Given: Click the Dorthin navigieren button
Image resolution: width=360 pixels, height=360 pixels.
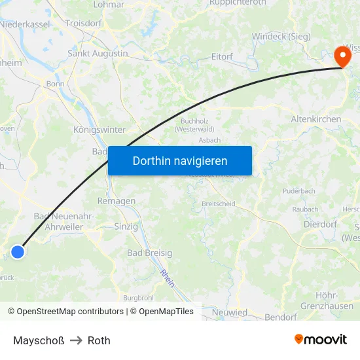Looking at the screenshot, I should (x=179, y=160).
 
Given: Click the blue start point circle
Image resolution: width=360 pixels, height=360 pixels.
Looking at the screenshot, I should (x=18, y=251).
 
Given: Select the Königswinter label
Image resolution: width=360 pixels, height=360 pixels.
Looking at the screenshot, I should (x=99, y=130).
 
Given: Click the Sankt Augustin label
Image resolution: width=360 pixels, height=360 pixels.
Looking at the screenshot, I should (x=98, y=53).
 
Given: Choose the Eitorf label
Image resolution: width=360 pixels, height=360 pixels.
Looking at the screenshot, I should (x=222, y=57).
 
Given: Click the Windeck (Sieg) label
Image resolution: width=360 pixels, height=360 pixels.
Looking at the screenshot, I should (x=281, y=36).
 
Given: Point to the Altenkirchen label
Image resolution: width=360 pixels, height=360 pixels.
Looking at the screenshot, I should (x=316, y=119).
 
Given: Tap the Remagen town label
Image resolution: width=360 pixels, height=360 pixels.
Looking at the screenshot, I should (x=117, y=201).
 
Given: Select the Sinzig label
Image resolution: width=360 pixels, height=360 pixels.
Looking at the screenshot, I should (x=126, y=226).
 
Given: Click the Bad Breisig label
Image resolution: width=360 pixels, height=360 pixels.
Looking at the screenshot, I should (x=150, y=253).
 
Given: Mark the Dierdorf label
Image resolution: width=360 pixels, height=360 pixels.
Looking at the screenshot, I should (x=320, y=224).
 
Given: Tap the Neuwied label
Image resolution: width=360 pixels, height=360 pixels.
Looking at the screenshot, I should (x=230, y=312).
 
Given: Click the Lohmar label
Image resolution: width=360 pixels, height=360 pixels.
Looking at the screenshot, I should (x=109, y=4).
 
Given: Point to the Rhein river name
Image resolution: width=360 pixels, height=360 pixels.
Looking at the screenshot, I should (x=168, y=279).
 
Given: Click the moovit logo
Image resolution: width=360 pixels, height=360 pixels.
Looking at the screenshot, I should (x=321, y=339).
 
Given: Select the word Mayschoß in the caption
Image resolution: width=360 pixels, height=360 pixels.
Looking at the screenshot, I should (x=39, y=340).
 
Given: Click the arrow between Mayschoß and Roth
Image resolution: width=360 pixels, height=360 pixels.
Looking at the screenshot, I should (x=76, y=340).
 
